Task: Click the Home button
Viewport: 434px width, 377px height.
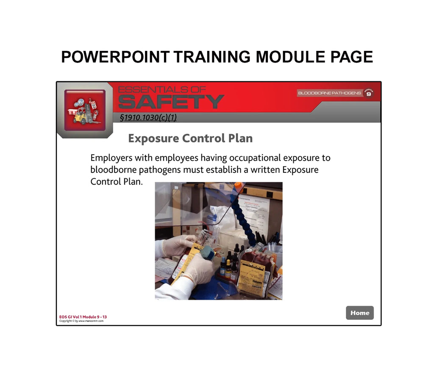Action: click(x=360, y=313)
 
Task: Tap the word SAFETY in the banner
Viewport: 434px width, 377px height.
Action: click(x=171, y=102)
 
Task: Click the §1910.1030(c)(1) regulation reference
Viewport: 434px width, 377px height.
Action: click(x=148, y=117)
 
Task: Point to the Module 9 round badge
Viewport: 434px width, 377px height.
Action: click(x=368, y=93)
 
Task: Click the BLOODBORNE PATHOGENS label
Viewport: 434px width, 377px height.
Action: click(x=329, y=93)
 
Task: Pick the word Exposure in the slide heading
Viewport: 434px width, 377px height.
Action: click(x=153, y=139)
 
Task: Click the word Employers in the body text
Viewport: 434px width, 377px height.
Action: click(x=111, y=158)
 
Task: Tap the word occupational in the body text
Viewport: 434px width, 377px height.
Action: click(x=255, y=158)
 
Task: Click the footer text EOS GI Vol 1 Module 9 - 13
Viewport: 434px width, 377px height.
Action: click(x=83, y=317)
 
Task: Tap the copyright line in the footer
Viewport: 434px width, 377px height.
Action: click(x=81, y=321)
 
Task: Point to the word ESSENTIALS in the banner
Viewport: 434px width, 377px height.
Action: click(x=162, y=89)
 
